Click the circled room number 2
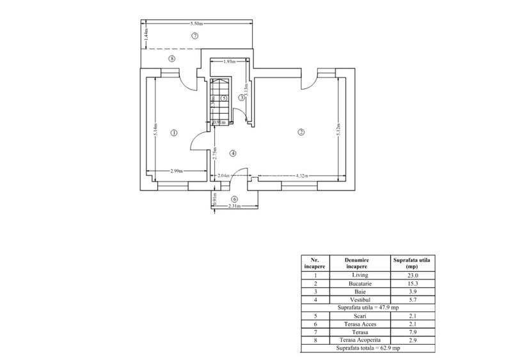(x=301, y=132)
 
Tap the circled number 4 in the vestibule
(x=233, y=153)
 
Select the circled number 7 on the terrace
(x=195, y=36)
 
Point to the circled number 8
(x=171, y=58)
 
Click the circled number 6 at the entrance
(x=234, y=199)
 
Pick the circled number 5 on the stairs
(x=224, y=98)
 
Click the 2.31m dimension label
(x=234, y=206)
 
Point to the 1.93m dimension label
(x=229, y=62)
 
